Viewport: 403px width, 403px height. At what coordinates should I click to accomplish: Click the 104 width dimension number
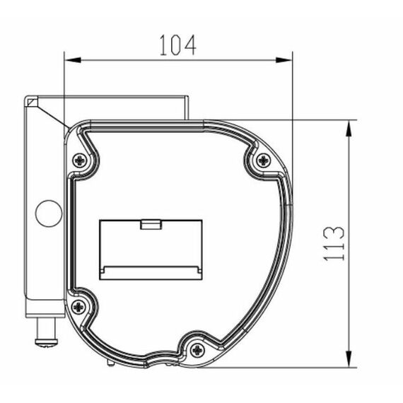click(178, 45)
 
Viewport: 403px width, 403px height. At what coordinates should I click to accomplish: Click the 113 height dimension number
click(334, 244)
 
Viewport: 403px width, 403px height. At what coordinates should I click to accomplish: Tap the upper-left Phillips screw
click(81, 161)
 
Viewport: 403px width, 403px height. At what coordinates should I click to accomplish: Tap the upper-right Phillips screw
click(263, 160)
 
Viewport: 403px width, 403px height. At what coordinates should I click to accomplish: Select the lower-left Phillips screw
click(78, 307)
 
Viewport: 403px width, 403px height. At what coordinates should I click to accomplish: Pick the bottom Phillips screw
click(197, 350)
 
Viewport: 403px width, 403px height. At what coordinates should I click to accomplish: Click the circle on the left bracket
click(49, 214)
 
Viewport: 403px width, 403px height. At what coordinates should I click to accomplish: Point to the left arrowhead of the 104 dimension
click(73, 60)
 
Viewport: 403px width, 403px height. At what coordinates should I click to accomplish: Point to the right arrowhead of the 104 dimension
click(284, 60)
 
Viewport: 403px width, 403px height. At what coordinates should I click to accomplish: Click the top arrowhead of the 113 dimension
click(349, 129)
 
